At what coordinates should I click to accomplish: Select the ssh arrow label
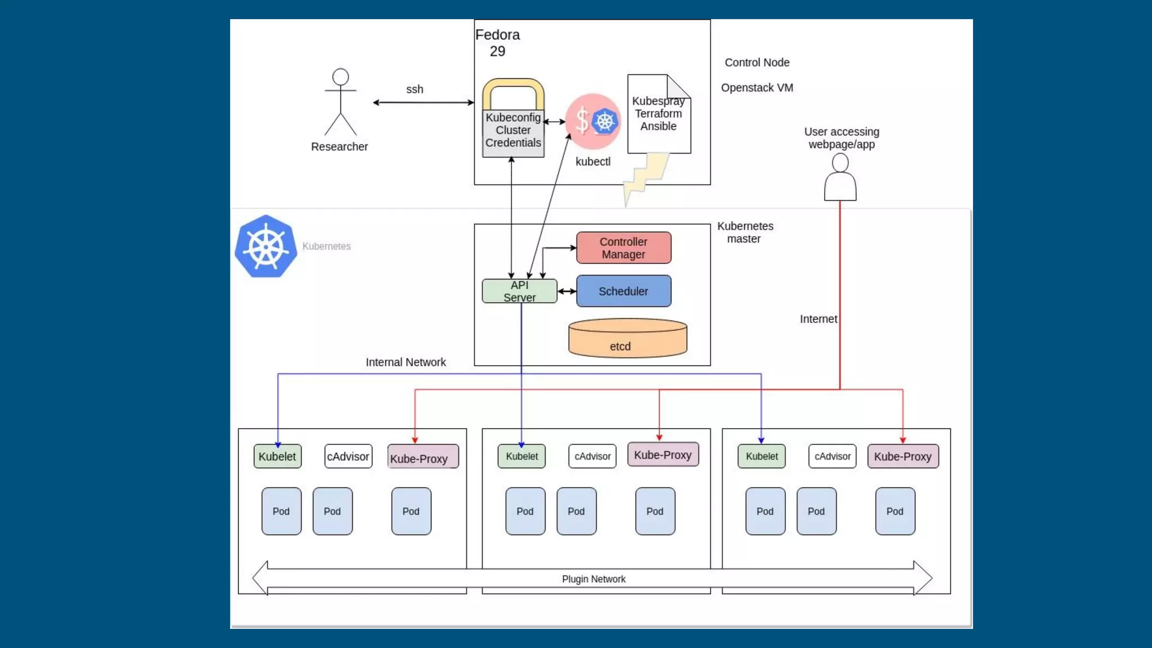coord(415,89)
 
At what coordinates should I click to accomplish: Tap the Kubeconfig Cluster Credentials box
coord(513,130)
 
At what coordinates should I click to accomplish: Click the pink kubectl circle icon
coord(593,121)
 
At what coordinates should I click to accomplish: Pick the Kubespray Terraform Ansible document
coord(659,114)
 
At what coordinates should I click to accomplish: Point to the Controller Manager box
coord(623,248)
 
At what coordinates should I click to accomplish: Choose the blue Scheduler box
coord(623,291)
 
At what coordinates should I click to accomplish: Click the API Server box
coord(519,291)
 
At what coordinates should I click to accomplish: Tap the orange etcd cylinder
coord(627,339)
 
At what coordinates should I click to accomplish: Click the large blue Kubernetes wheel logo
coord(266,246)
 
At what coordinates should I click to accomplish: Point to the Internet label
coord(818,319)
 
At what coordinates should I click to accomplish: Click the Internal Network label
coord(406,363)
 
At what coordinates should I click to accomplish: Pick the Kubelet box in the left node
coord(277,457)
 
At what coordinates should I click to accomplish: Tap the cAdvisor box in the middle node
coord(592,457)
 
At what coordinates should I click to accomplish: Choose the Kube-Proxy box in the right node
coord(903,457)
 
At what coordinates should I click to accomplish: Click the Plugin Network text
coord(593,579)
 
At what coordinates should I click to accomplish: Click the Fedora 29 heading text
coord(497,43)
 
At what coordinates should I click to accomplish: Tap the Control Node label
coord(757,63)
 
